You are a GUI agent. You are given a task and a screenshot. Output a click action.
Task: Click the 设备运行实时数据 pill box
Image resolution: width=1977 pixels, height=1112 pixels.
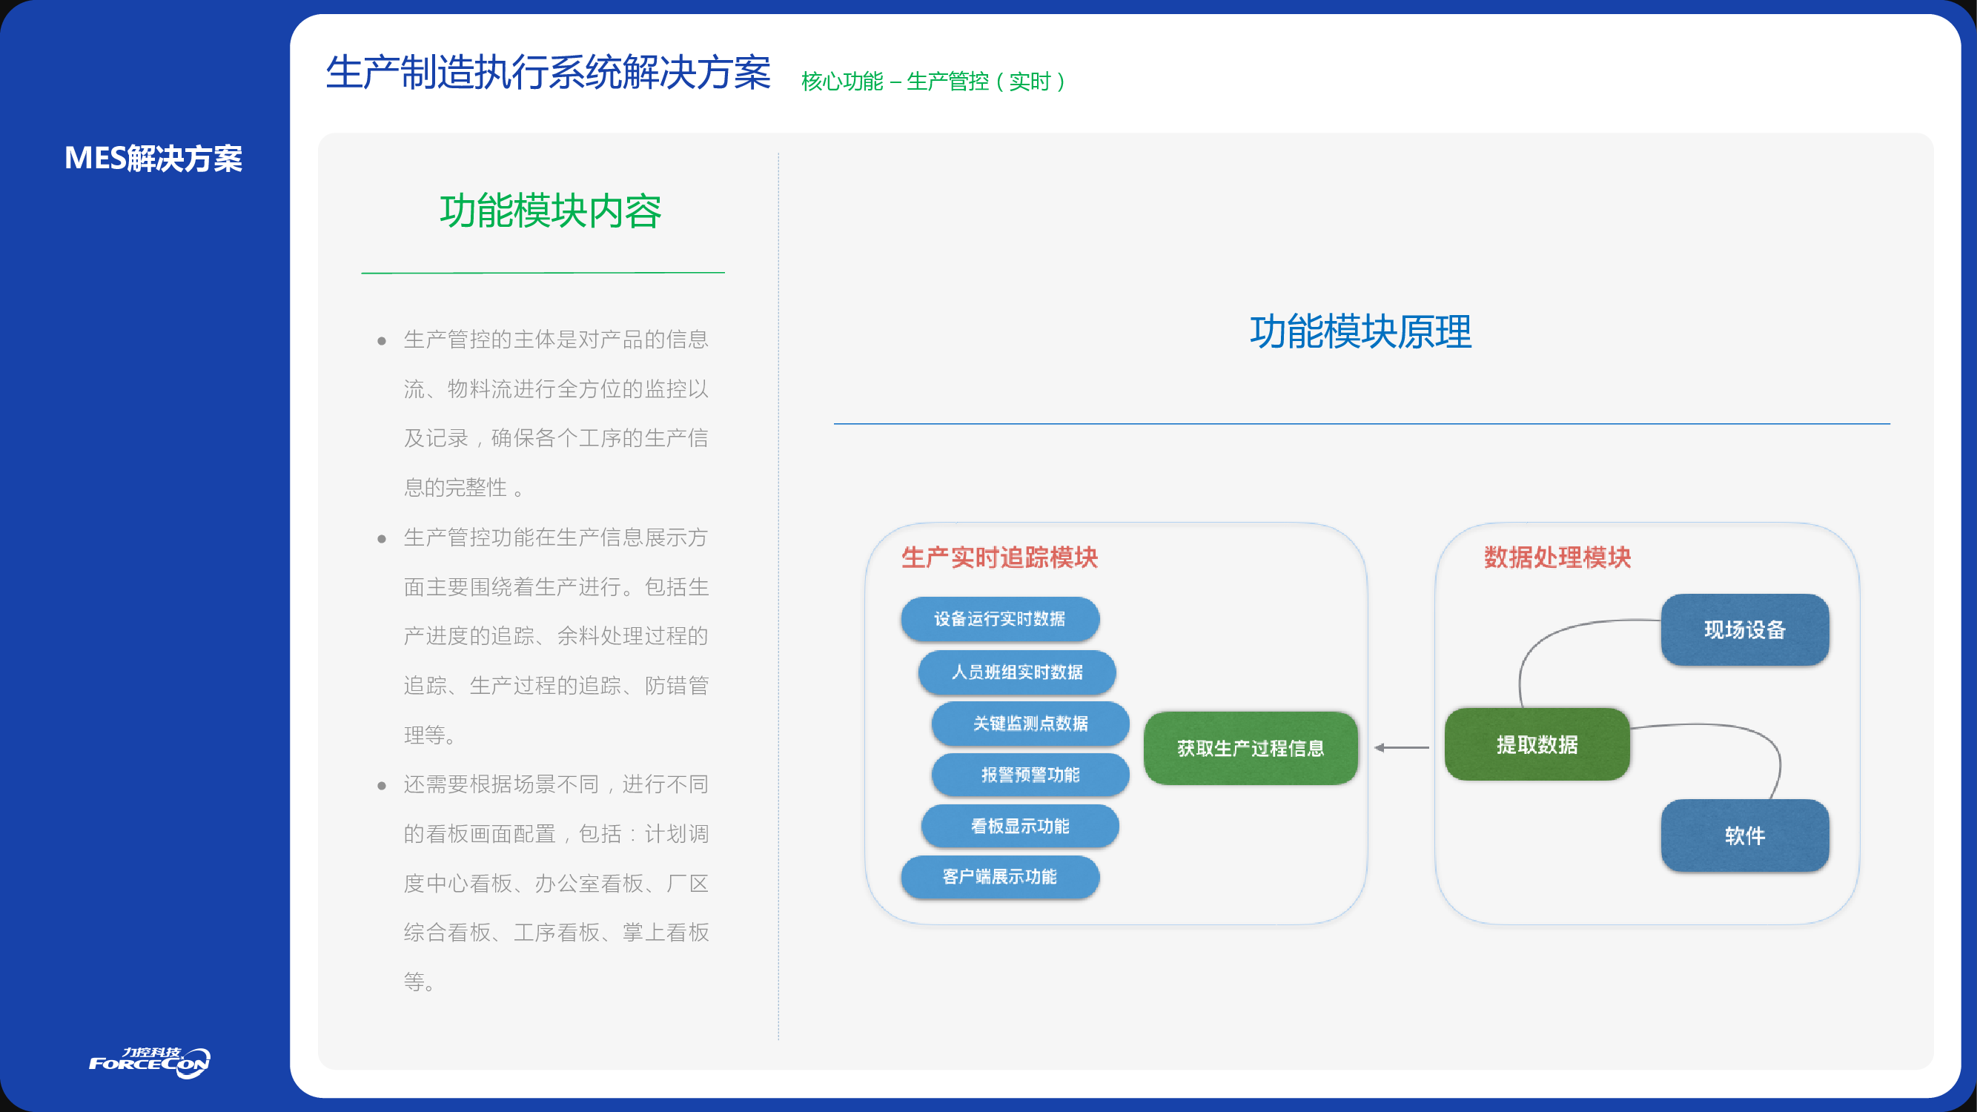[x=999, y=618]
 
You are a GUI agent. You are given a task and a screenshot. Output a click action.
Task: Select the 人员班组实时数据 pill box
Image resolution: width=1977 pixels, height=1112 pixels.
[x=1017, y=672]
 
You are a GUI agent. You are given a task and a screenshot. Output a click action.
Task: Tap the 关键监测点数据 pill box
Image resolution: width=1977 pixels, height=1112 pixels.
[x=1030, y=723]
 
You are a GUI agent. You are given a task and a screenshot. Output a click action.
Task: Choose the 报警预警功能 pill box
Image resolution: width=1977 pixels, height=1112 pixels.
[x=1030, y=775]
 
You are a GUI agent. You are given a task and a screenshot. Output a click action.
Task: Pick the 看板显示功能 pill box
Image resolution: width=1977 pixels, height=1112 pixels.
[x=1020, y=826]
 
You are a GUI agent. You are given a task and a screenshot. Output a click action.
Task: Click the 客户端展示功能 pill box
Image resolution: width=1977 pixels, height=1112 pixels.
[x=999, y=876]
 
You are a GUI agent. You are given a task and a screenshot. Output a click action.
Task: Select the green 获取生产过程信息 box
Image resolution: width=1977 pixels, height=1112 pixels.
[x=1251, y=748]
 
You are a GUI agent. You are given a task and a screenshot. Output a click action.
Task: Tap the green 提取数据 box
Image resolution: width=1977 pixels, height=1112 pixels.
[x=1537, y=744]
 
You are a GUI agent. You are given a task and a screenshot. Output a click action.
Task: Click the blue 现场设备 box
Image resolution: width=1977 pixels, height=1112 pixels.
[x=1744, y=630]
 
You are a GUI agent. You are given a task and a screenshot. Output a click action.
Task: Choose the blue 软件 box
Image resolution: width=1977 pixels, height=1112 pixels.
[x=1744, y=835]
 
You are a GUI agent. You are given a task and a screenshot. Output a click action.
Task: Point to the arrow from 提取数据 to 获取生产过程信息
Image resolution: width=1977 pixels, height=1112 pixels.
[x=1402, y=747]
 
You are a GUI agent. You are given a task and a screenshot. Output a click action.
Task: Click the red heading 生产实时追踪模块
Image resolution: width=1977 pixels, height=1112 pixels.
[x=999, y=557]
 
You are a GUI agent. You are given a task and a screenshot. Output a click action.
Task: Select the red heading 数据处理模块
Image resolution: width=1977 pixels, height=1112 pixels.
[x=1557, y=557]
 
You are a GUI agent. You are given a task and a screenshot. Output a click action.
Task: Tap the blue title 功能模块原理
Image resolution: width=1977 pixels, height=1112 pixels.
[x=1361, y=332]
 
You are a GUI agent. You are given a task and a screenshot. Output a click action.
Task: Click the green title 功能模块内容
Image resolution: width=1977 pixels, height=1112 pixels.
[x=550, y=211]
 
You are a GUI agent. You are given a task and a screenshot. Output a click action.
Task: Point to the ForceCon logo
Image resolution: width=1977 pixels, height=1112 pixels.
[x=150, y=1062]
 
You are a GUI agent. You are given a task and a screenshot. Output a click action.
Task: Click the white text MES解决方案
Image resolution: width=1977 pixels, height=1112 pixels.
[x=153, y=158]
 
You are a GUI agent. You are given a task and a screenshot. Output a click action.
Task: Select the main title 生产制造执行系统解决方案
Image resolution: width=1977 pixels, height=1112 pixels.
[x=548, y=73]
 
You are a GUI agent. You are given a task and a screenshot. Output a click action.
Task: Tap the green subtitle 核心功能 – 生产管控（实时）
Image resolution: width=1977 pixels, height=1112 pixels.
[x=933, y=82]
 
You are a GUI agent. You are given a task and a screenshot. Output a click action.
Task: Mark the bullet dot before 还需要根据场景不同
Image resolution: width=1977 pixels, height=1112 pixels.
[x=382, y=786]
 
